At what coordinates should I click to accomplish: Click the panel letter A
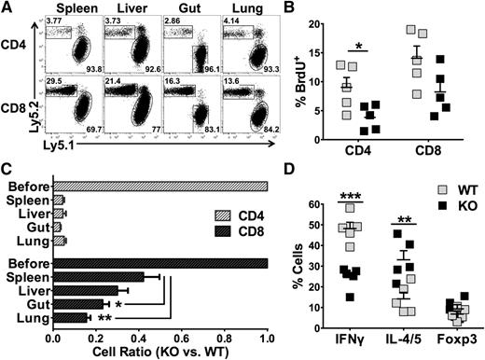7,8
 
